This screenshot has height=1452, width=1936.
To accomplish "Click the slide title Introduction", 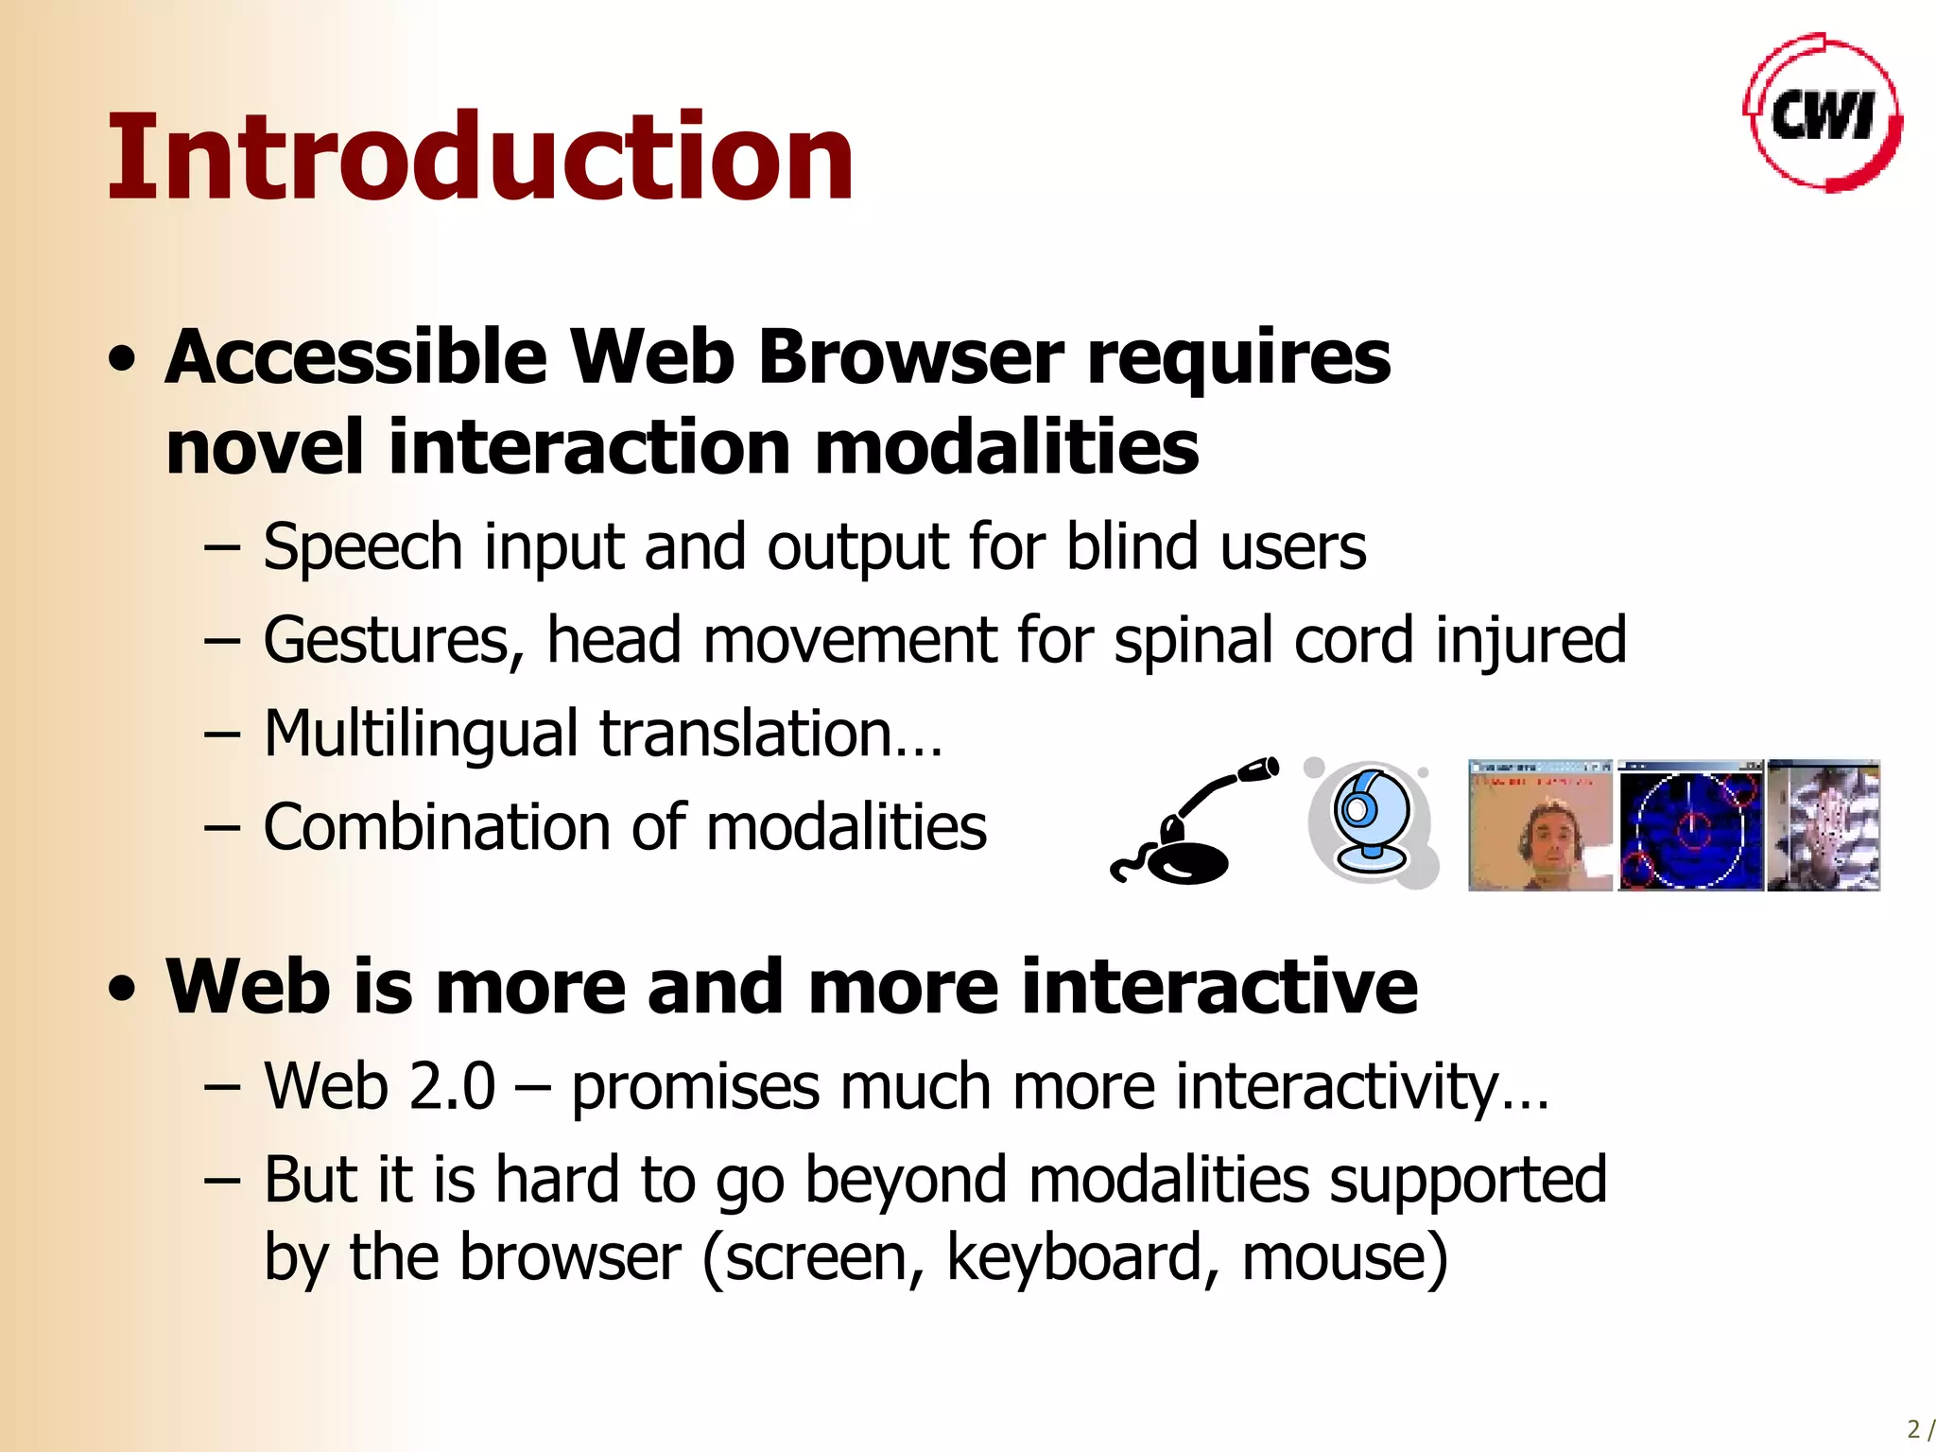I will coord(480,158).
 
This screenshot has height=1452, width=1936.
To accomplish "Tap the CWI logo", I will coord(1822,114).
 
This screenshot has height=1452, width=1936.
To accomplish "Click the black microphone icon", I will coord(1191,822).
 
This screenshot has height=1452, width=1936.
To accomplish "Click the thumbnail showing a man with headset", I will coord(1540,825).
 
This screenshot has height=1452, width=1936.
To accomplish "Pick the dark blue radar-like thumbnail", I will coord(1690,825).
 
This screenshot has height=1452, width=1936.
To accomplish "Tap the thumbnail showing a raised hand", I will coord(1824,825).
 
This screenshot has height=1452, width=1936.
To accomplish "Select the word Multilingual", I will coord(421,735).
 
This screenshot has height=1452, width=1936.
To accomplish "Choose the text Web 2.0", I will coord(379,1086).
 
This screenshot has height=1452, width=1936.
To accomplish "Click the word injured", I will coord(1530,641).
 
